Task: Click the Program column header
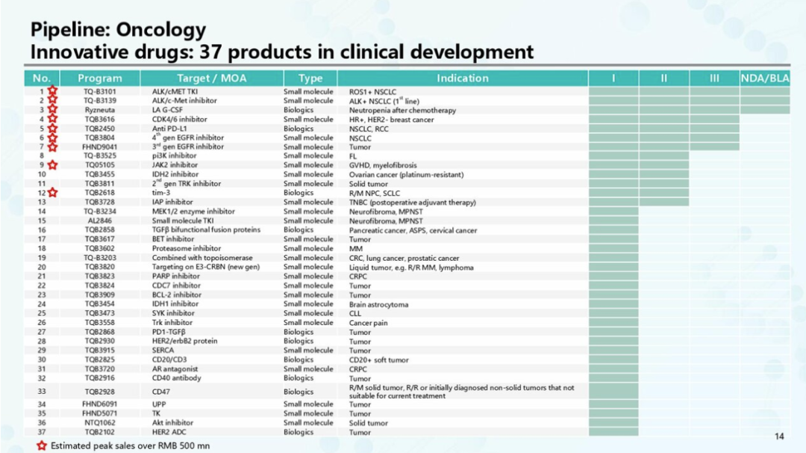[99, 78]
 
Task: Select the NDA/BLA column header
[765, 78]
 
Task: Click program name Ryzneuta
[99, 110]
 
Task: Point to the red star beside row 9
[53, 165]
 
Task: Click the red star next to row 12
[53, 193]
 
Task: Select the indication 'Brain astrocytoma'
[378, 304]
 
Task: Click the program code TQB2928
[99, 392]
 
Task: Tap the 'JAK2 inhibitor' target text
[175, 165]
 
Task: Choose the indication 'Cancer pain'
[369, 323]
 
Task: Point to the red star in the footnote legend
[42, 446]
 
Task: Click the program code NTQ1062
[99, 423]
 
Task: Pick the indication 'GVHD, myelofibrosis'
[383, 165]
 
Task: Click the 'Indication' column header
[462, 78]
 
